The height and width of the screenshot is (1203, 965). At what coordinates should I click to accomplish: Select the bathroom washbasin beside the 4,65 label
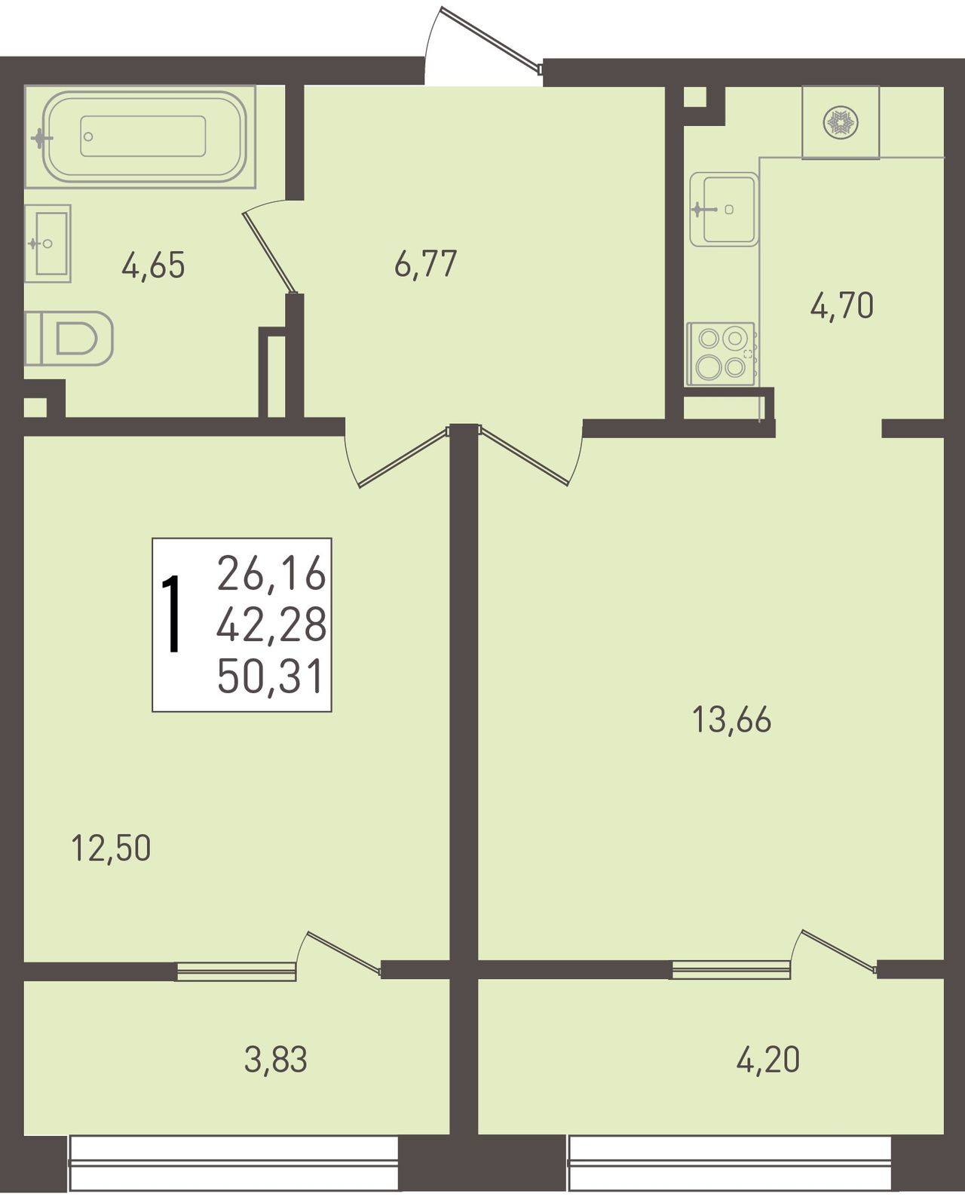[x=47, y=243]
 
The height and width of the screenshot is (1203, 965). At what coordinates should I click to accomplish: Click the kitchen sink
[x=725, y=209]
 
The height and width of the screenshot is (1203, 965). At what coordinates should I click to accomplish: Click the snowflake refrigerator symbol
[x=841, y=122]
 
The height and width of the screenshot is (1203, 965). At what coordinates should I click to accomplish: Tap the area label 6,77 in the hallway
[x=425, y=264]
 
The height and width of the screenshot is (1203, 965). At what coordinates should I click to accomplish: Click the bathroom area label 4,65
[x=153, y=265]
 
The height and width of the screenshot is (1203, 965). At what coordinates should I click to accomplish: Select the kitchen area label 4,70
[x=842, y=306]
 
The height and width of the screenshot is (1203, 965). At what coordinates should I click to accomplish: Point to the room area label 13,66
[x=731, y=720]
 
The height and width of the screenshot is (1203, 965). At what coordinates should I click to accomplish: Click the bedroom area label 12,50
[x=111, y=848]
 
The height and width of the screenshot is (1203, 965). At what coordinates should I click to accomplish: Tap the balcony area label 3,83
[x=275, y=1060]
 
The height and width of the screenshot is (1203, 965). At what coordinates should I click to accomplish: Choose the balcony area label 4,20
[x=767, y=1060]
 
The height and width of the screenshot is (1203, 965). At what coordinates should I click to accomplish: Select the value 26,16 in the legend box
[x=271, y=574]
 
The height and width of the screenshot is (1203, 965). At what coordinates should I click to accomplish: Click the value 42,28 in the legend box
[x=271, y=625]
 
